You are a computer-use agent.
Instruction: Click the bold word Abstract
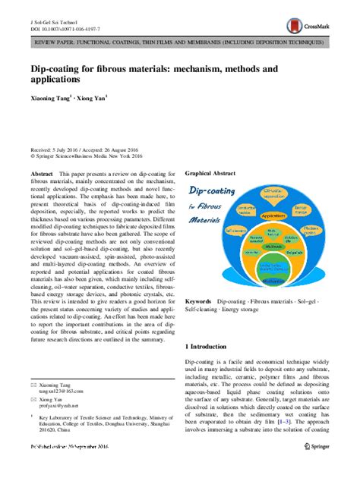coord(41,174)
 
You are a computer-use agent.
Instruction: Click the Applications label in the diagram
coord(274,215)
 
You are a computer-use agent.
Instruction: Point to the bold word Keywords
coord(199,322)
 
